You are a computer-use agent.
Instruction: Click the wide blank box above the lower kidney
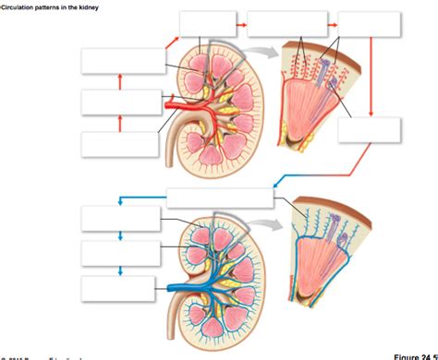tap(220, 198)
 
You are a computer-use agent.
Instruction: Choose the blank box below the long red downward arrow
tap(371, 130)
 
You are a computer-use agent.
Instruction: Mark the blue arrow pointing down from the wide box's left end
tap(119, 199)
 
